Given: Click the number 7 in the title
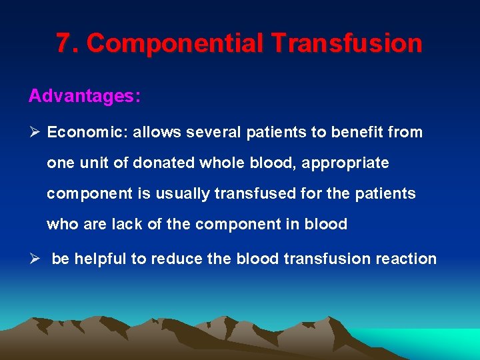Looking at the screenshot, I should [x=64, y=43].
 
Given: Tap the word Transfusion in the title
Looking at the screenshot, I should [x=347, y=43].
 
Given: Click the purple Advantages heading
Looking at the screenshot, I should [x=84, y=96].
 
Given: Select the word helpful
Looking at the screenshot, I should [x=100, y=259].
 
